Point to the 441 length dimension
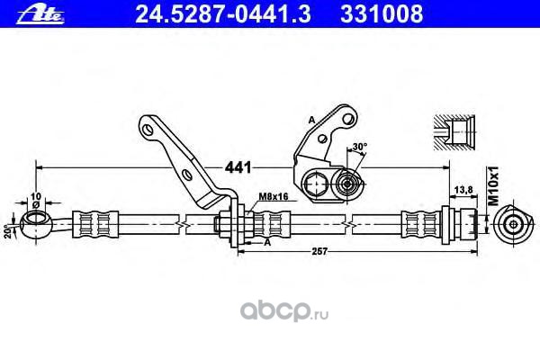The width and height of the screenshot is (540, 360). [x=237, y=166]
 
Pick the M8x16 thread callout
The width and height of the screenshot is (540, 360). [x=273, y=196]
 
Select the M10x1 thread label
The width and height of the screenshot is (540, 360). [x=492, y=184]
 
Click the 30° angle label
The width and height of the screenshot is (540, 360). [x=360, y=147]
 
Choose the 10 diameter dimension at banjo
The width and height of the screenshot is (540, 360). [x=36, y=195]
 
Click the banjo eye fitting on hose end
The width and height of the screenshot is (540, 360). [x=35, y=220]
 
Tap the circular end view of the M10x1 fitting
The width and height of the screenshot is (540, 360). [x=515, y=223]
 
